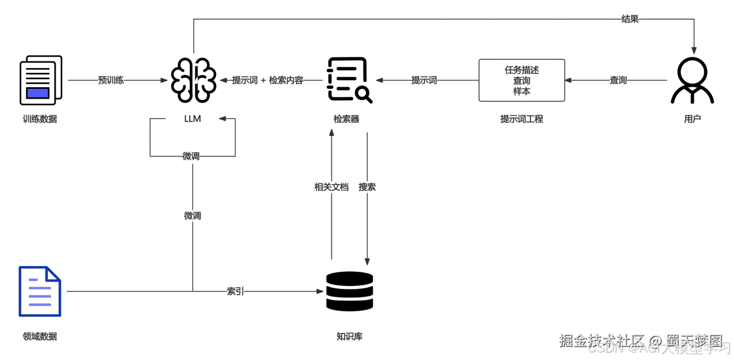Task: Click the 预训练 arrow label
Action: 111,80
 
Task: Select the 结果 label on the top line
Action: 630,19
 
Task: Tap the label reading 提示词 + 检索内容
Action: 267,80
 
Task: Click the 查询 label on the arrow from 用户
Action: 618,80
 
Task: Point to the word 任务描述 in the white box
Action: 522,70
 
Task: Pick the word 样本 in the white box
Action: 522,91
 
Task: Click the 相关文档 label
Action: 331,187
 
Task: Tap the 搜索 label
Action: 367,187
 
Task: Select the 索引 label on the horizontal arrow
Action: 235,291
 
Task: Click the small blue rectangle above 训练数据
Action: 38,93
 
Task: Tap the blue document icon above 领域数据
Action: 40,291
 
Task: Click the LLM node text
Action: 193,119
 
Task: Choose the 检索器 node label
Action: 346,119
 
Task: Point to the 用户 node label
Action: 693,119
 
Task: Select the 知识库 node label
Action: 349,336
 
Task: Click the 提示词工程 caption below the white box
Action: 522,119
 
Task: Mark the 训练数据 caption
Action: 40,119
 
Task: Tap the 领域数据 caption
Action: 40,336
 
